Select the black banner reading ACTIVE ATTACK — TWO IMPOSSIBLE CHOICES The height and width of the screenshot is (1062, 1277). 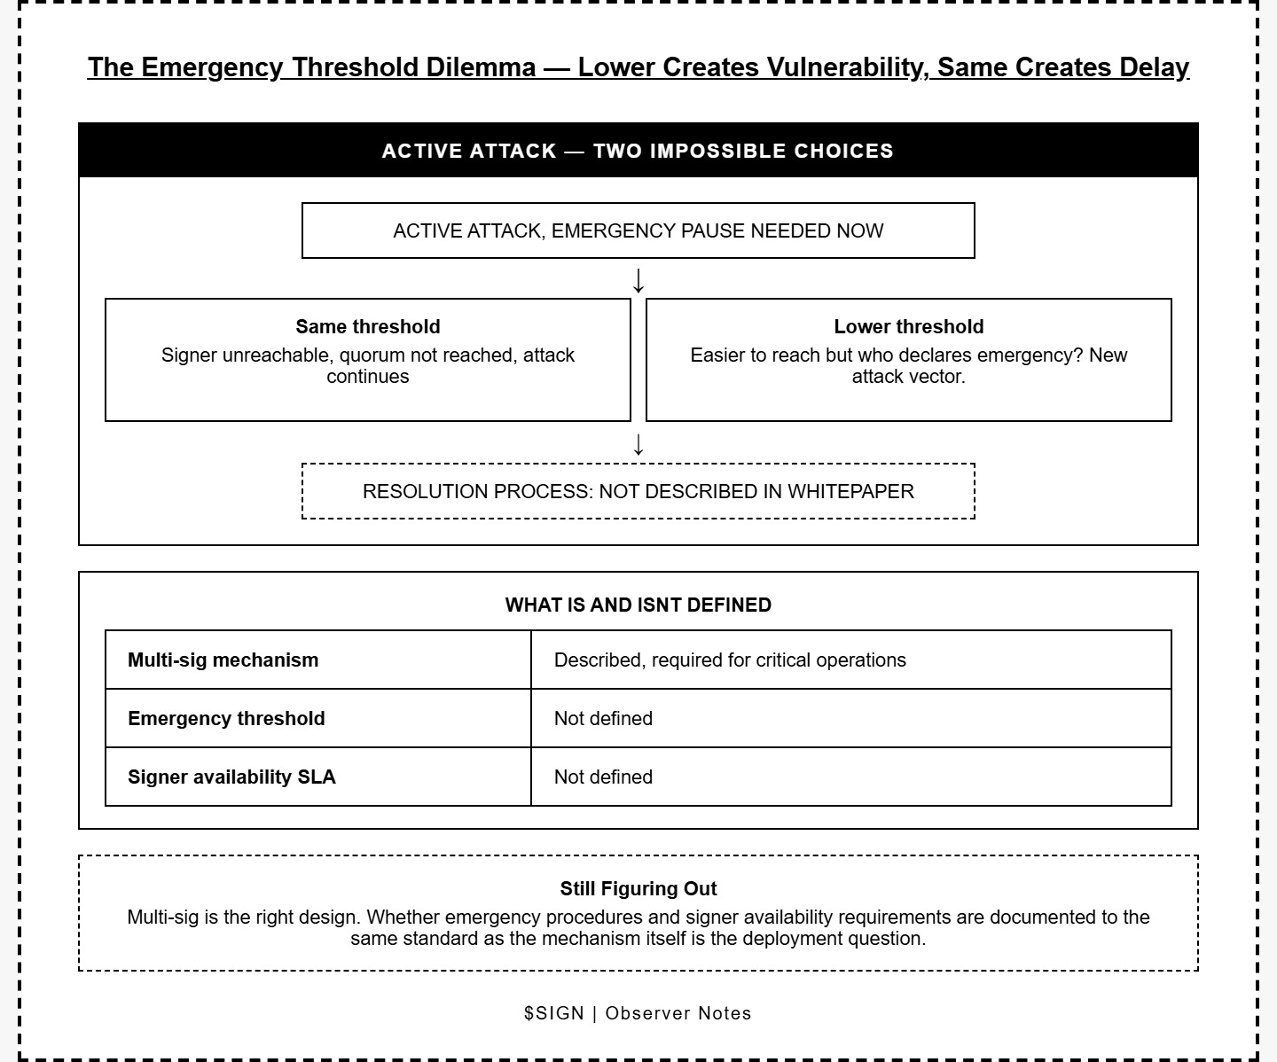click(x=638, y=151)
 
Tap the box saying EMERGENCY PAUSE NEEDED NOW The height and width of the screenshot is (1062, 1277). click(x=638, y=230)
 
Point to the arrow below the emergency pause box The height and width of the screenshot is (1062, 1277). click(x=638, y=280)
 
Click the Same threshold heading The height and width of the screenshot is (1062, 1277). click(x=367, y=326)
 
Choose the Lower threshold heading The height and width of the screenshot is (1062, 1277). click(x=908, y=326)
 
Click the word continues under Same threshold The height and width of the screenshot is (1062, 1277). click(x=367, y=377)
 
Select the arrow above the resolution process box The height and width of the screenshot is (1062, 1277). click(x=638, y=443)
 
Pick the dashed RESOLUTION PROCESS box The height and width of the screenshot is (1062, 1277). click(x=638, y=491)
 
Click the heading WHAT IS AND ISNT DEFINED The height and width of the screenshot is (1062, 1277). click(x=638, y=605)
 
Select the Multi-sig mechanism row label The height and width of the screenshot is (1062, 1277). click(x=223, y=660)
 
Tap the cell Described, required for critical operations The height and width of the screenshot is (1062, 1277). click(x=730, y=660)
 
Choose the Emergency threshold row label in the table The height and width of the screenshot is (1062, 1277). click(x=226, y=718)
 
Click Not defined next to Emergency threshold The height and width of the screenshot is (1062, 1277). click(x=603, y=718)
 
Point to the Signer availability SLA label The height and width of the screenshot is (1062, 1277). click(x=231, y=777)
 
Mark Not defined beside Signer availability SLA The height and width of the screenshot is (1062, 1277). click(x=603, y=777)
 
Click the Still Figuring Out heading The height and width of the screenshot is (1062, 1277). click(x=638, y=888)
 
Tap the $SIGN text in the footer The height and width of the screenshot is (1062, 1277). click(x=553, y=1013)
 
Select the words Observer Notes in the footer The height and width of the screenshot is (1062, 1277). click(x=678, y=1013)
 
